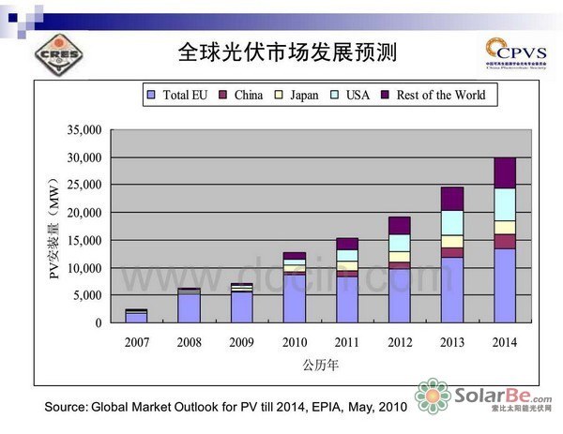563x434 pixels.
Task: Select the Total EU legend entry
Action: click(x=178, y=96)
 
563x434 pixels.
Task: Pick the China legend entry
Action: click(x=242, y=96)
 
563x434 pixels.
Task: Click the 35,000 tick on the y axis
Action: click(x=82, y=128)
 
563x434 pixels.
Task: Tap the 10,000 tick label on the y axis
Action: click(x=82, y=268)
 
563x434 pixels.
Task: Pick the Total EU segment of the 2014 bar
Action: click(x=505, y=286)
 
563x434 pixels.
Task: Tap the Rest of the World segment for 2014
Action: click(x=505, y=172)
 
